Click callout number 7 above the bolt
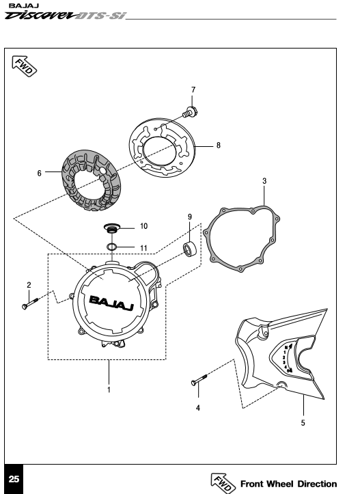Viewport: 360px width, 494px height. pos(193,90)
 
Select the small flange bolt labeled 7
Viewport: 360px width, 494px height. pos(189,112)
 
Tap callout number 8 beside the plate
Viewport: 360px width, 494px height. pos(219,146)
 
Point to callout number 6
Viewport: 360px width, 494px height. pos(40,174)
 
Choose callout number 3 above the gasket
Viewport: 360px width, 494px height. pos(264,181)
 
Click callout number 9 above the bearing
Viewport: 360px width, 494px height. pos(190,217)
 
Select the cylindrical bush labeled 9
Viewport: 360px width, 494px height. pos(190,249)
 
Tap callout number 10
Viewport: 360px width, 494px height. pos(143,226)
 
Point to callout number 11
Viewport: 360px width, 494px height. pos(143,248)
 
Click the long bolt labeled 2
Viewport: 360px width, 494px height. pos(30,303)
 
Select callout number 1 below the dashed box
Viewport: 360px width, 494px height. pos(109,389)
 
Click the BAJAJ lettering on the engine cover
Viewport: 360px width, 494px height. pos(112,303)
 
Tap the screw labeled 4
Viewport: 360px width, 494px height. pos(199,379)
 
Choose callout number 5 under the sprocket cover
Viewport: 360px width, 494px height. pos(303,423)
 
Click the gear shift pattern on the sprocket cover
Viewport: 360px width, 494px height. pos(288,359)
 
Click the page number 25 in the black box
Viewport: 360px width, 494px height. pos(14,479)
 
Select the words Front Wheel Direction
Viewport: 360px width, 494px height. pos(288,484)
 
